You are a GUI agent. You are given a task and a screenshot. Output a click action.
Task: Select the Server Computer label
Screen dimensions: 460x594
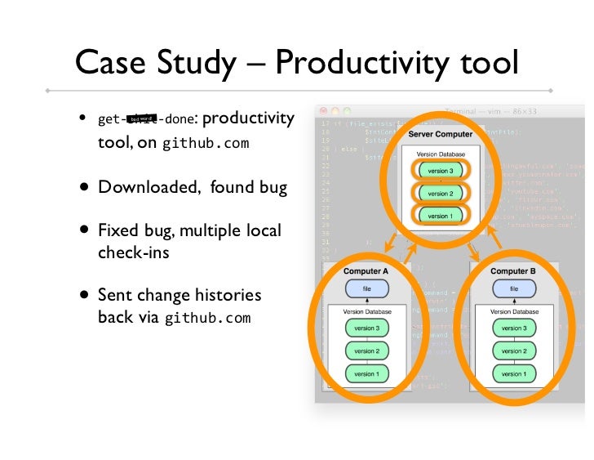(x=441, y=134)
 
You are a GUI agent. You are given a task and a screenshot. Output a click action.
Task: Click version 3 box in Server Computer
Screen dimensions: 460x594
(x=440, y=171)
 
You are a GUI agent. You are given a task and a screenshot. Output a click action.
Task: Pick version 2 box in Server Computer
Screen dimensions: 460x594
(x=440, y=194)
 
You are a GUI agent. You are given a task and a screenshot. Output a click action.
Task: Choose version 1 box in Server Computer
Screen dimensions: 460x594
(x=440, y=216)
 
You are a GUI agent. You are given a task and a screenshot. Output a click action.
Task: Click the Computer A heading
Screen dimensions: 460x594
(x=366, y=270)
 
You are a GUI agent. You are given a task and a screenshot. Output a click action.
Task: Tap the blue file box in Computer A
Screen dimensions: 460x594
(x=366, y=288)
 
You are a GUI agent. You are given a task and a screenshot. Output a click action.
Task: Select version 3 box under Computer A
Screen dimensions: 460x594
(x=366, y=328)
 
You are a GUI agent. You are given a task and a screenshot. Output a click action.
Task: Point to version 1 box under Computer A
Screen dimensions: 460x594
(x=366, y=373)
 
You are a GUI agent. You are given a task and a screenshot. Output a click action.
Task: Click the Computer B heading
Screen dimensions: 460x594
(x=513, y=270)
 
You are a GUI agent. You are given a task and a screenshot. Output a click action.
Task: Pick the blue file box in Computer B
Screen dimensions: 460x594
(x=513, y=288)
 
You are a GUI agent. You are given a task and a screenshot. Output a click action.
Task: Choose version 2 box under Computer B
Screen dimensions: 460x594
(x=513, y=351)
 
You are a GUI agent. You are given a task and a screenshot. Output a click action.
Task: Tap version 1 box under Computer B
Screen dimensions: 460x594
(x=513, y=373)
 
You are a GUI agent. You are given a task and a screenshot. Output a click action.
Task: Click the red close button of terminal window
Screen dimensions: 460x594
(x=323, y=110)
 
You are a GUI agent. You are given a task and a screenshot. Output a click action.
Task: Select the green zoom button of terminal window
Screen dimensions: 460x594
(x=347, y=110)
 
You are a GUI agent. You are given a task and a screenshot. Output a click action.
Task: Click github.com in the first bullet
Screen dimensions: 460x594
(x=206, y=145)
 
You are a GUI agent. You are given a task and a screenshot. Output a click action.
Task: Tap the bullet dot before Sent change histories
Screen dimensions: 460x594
(x=84, y=295)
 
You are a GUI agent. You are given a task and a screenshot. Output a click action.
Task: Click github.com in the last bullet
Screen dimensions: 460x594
(x=208, y=318)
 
